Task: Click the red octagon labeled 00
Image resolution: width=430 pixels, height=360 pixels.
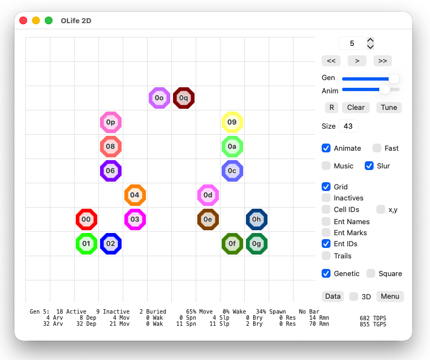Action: click(x=86, y=219)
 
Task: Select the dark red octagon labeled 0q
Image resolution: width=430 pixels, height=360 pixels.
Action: click(x=183, y=98)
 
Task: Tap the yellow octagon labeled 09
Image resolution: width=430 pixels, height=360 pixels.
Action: click(x=232, y=122)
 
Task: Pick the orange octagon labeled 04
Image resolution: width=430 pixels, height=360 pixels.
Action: click(x=135, y=195)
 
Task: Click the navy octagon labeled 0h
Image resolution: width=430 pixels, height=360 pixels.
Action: click(x=256, y=219)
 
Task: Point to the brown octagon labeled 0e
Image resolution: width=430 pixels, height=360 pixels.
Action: click(x=208, y=219)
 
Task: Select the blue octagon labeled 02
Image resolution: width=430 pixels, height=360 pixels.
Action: click(x=111, y=244)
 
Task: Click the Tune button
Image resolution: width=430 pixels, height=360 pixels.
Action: click(x=389, y=108)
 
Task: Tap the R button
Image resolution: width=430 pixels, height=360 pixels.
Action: click(x=332, y=108)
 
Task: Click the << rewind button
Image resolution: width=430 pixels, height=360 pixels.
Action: click(x=331, y=61)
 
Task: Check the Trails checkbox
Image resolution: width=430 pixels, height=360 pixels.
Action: click(x=326, y=256)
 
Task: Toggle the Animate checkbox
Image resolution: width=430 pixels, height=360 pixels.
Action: click(x=326, y=148)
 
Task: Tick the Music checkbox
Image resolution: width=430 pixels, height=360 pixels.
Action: click(x=326, y=166)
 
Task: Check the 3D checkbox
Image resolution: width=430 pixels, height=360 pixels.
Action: click(x=354, y=297)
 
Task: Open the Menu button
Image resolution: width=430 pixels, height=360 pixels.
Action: click(x=390, y=297)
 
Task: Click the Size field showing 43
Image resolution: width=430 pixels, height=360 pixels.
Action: click(x=348, y=126)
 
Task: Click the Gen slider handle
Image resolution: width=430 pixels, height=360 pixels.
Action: click(x=394, y=79)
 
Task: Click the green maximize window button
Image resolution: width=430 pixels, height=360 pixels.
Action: click(x=49, y=20)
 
